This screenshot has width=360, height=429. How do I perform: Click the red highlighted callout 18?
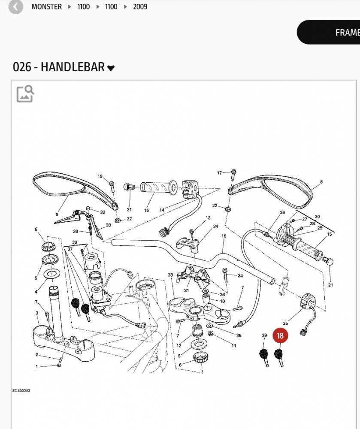280,336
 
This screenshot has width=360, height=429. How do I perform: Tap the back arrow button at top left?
16,7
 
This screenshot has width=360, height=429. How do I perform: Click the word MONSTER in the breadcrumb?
46,7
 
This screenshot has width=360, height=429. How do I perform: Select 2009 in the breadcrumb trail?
140,7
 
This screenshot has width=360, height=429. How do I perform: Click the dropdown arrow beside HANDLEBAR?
111,68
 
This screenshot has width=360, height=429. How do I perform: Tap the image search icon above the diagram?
25,94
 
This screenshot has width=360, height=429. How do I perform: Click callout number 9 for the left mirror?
57,214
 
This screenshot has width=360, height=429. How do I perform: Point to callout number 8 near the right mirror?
321,182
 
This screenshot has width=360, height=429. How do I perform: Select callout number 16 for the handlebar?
224,236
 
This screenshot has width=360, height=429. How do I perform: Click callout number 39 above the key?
264,335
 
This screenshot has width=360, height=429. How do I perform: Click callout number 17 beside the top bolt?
219,173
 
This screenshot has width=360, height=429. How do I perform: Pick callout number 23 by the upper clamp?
170,275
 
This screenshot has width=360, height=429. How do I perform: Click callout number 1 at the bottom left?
37,366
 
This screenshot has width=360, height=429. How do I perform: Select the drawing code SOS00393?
21,391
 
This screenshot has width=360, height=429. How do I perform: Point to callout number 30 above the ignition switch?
75,242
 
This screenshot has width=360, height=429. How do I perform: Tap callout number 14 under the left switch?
162,210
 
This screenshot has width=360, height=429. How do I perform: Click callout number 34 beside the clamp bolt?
240,275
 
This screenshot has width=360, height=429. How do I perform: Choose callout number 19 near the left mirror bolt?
100,176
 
